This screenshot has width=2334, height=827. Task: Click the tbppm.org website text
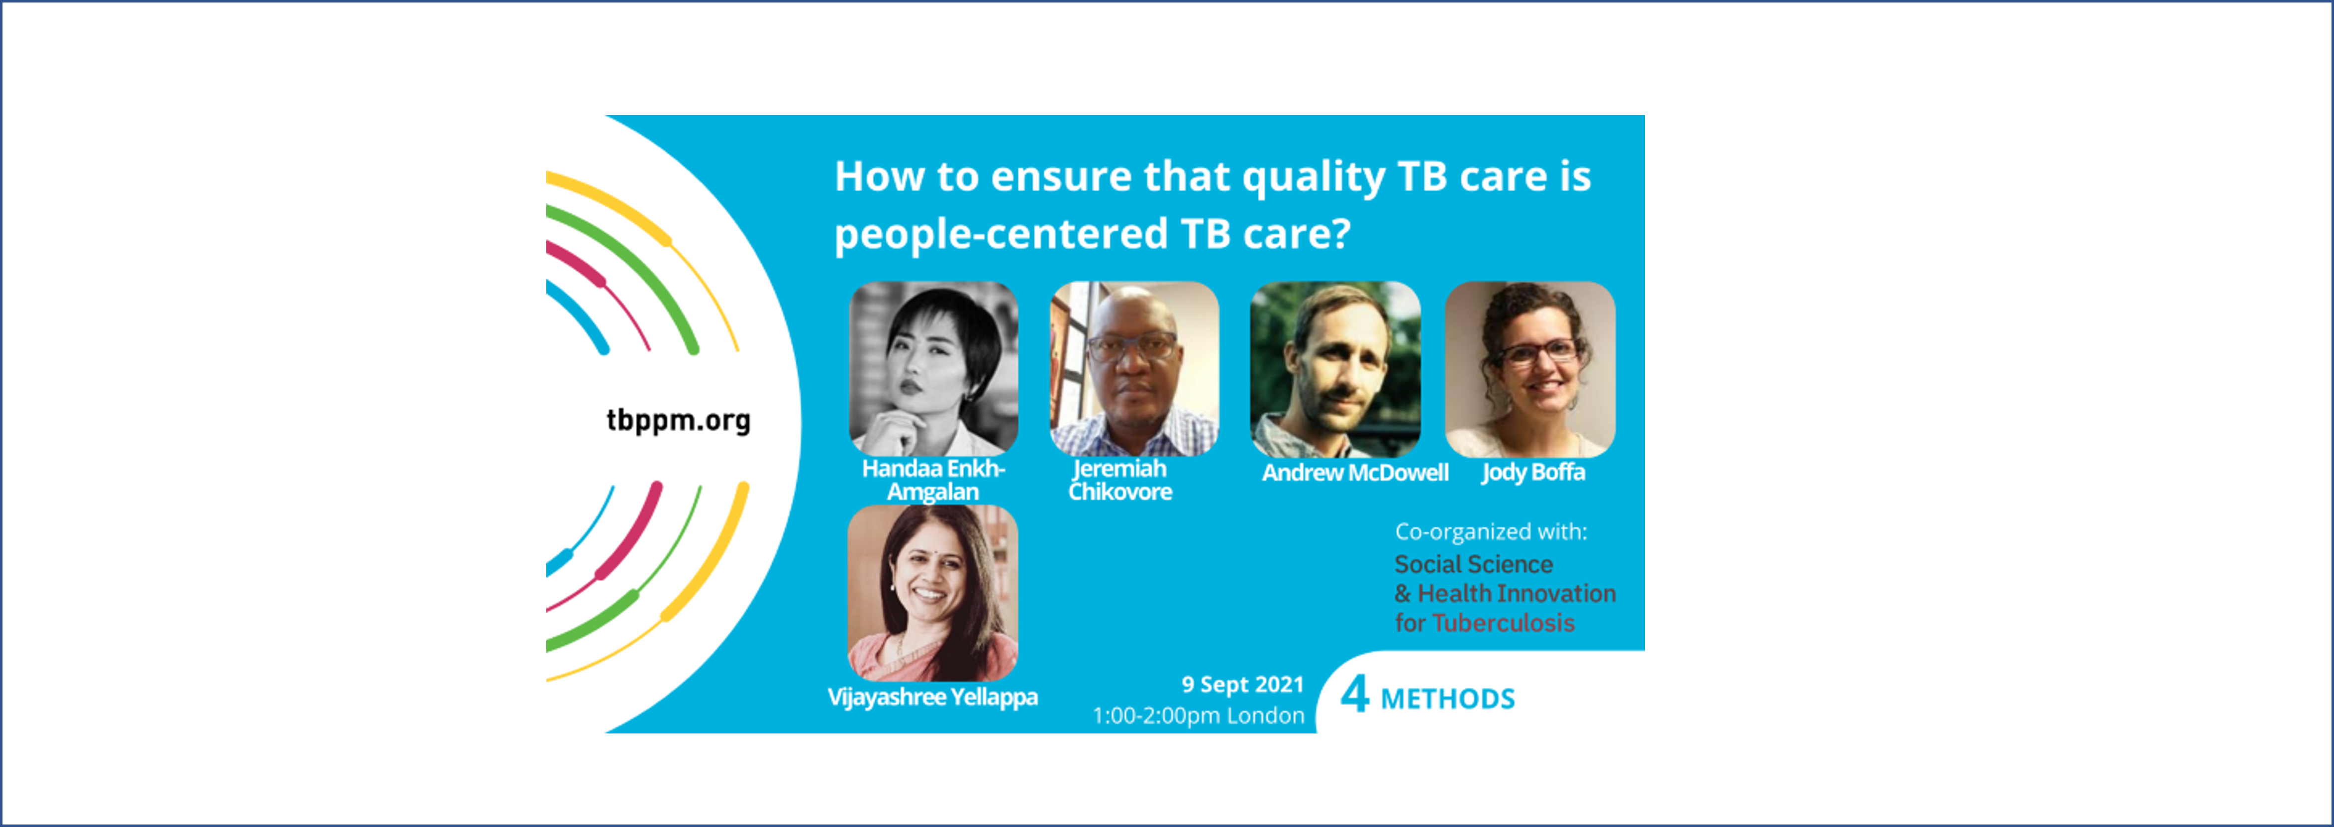(x=679, y=420)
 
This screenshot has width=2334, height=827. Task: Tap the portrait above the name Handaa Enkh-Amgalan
(x=933, y=369)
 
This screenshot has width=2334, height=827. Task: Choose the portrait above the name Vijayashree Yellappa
(x=932, y=593)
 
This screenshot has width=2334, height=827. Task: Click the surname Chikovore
(x=1120, y=492)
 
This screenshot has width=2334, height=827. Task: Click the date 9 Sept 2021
(x=1242, y=685)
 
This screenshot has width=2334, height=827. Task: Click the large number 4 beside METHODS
(x=1354, y=695)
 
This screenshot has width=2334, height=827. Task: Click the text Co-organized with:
(x=1491, y=532)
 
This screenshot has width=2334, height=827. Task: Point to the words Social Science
(x=1473, y=564)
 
